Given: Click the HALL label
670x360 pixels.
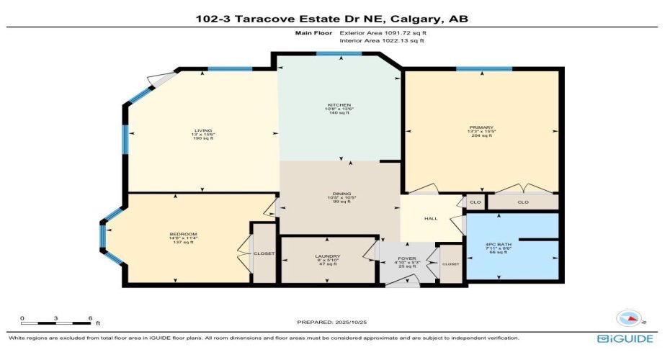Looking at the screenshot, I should (431, 219).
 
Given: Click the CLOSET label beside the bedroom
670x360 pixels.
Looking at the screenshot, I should (261, 253).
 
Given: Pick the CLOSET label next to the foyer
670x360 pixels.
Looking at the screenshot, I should (450, 264).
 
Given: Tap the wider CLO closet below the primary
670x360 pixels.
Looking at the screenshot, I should (523, 202).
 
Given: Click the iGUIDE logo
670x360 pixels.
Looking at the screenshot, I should (625, 338).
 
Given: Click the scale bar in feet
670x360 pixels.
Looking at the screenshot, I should (56, 318).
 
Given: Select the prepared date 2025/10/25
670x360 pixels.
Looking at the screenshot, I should (337, 322).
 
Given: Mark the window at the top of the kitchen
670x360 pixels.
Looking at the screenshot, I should (339, 54).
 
